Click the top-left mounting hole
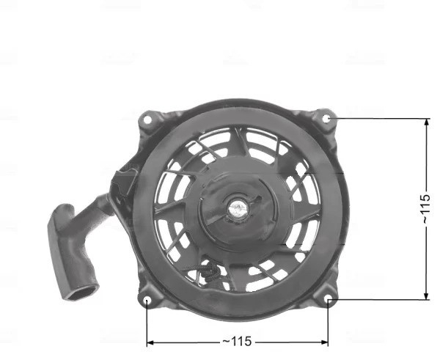click(x=147, y=120)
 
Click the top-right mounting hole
click(x=326, y=119)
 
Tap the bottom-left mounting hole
click(x=147, y=301)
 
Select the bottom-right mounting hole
click(x=329, y=300)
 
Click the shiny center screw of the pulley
click(x=238, y=208)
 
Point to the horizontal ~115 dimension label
click(x=237, y=342)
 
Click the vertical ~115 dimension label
click(x=426, y=208)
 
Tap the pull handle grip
click(x=72, y=252)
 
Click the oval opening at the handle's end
click(x=82, y=292)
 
